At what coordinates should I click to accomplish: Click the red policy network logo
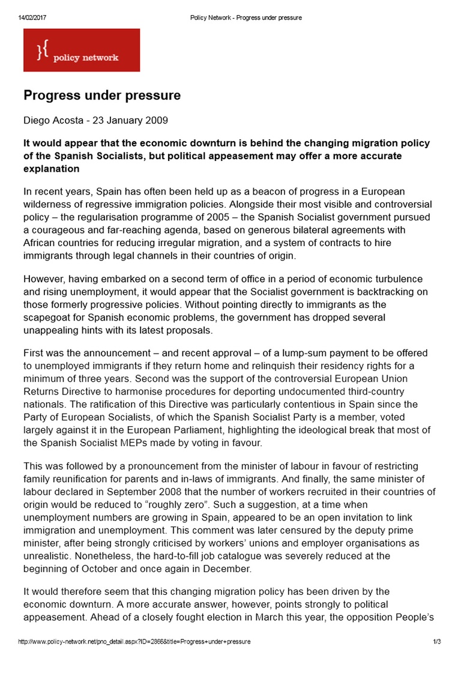point(82,50)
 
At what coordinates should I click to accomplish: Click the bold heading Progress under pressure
point(102,95)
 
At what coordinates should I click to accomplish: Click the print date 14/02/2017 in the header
point(32,18)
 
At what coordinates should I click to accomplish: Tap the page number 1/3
point(437,642)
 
